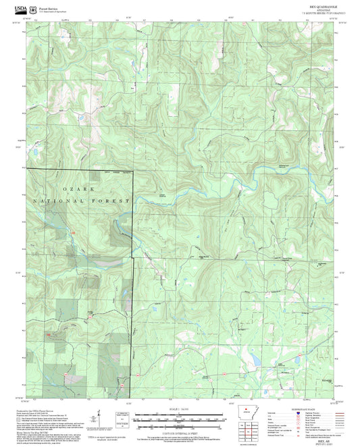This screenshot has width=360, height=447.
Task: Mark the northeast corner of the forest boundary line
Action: (x=132, y=170)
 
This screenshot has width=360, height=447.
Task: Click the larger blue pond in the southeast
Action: (x=255, y=360)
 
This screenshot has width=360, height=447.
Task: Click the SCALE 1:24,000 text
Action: (x=180, y=408)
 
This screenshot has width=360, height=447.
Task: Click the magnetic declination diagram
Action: (x=99, y=418)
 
